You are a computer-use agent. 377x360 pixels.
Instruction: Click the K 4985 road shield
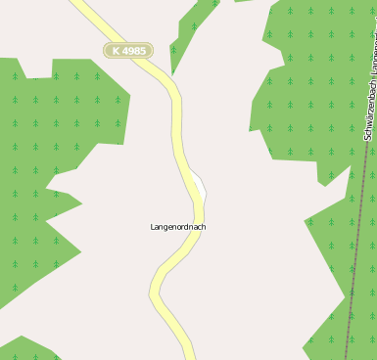128,50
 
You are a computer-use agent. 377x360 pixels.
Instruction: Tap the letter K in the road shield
117,50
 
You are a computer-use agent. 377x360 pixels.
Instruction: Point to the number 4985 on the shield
134,50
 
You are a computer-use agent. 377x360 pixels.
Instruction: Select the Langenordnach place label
178,227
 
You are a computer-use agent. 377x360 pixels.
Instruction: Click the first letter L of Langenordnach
153,227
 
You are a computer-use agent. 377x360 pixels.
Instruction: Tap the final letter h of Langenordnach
204,227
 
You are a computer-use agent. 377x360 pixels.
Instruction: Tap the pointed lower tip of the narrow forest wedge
172,74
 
